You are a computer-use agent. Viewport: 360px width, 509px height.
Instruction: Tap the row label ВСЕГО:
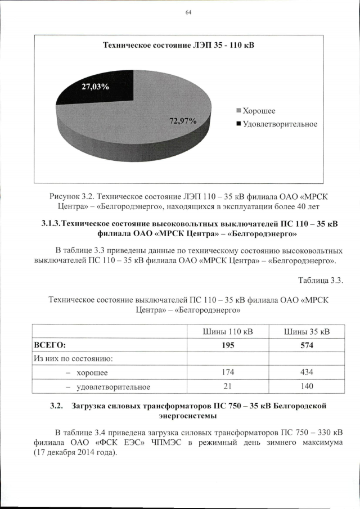click(x=51, y=345)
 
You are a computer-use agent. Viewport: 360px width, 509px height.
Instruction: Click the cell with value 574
click(x=307, y=345)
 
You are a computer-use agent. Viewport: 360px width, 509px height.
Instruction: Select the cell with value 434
click(x=307, y=372)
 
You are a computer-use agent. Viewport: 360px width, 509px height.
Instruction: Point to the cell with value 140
click(x=307, y=386)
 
